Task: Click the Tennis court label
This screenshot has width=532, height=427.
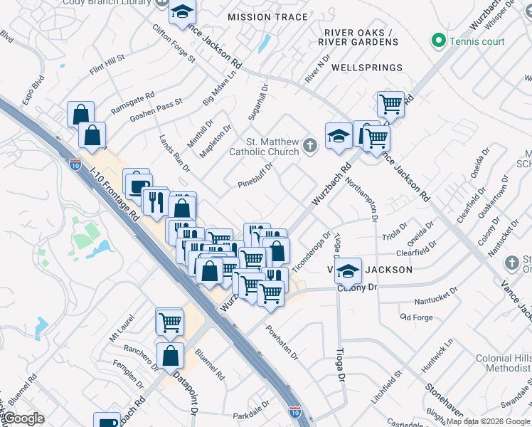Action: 477,41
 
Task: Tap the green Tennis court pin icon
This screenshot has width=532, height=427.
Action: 439,41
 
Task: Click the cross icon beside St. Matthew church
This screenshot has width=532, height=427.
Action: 309,147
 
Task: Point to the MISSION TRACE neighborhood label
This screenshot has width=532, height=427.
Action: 267,17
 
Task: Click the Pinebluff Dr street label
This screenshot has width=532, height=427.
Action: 255,178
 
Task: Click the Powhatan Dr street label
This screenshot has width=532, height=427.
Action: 282,342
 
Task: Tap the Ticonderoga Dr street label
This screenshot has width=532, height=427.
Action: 312,245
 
